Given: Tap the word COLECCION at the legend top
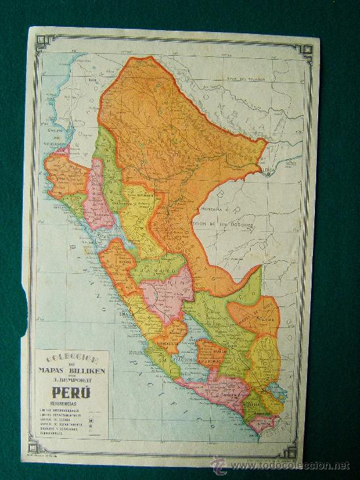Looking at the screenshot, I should point(72,360).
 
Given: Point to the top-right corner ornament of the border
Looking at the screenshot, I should point(304,50).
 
